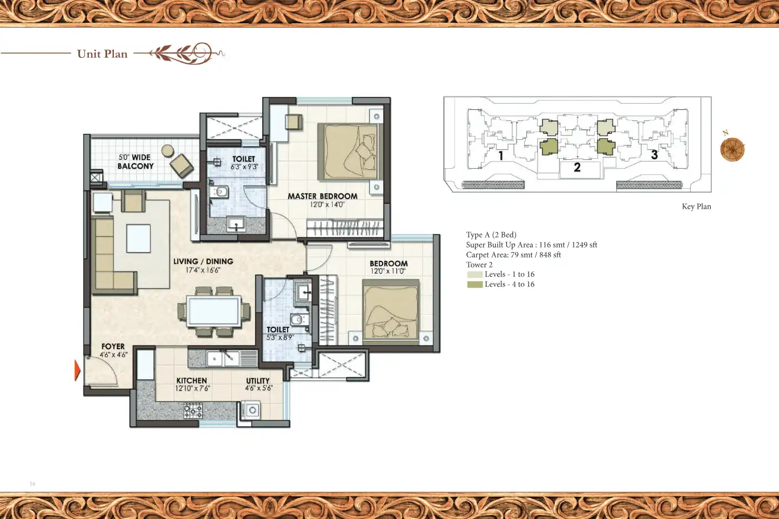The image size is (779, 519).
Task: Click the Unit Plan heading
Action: (102, 54)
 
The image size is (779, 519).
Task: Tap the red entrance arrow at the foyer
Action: (77, 370)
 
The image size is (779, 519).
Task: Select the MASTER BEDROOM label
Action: (322, 196)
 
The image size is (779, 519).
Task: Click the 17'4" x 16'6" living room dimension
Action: (203, 270)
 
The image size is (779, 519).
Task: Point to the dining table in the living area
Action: (214, 311)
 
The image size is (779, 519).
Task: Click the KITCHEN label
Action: (192, 380)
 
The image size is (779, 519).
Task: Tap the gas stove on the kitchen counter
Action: (193, 411)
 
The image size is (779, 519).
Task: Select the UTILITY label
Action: (258, 381)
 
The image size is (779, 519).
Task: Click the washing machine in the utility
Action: (252, 411)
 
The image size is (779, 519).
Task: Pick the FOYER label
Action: (113, 346)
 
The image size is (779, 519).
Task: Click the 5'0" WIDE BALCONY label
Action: (135, 162)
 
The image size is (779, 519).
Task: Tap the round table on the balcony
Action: (167, 150)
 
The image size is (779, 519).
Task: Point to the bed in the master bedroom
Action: (348, 152)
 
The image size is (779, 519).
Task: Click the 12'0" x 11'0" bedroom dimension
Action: (388, 271)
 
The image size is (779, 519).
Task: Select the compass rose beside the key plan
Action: (732, 149)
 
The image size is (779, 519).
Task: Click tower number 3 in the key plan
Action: (654, 155)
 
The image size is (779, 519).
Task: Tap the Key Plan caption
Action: (696, 206)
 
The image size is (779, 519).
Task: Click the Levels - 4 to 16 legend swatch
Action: (475, 284)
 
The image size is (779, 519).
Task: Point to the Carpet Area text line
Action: (513, 255)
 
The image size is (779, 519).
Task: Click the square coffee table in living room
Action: (138, 239)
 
